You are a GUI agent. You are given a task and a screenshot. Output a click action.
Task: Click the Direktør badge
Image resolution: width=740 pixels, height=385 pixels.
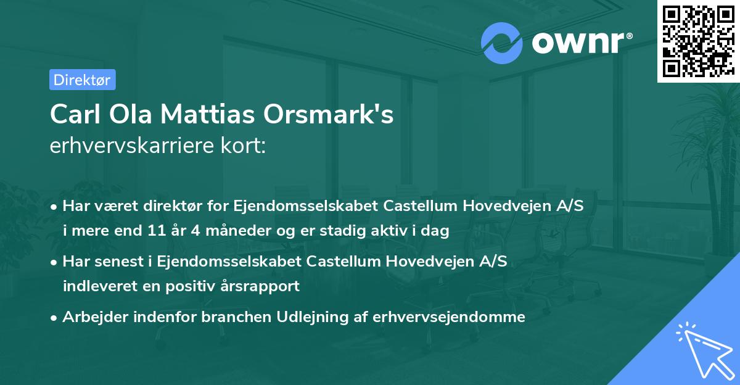pyautogui.click(x=82, y=80)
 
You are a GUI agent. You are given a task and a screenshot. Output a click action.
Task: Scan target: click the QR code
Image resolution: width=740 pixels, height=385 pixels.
pyautogui.click(x=697, y=41)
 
